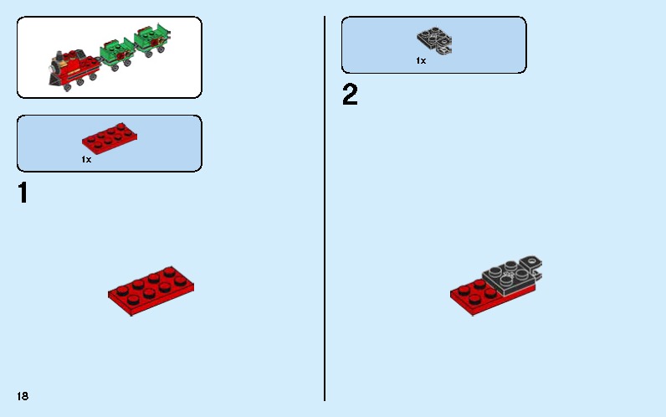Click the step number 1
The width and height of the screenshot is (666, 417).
[x=23, y=193]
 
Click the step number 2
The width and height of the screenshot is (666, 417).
[x=350, y=95]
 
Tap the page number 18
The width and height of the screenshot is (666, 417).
[x=22, y=395]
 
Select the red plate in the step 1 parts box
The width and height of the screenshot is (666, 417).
[x=110, y=140]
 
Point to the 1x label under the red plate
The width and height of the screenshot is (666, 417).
[x=86, y=159]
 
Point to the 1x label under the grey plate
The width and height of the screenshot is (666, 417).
[x=421, y=60]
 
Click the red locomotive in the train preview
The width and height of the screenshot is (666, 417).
[x=70, y=66]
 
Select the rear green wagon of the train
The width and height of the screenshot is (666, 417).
[x=151, y=40]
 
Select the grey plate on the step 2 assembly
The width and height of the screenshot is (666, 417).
[x=507, y=279]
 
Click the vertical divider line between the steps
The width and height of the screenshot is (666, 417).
[x=325, y=209]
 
